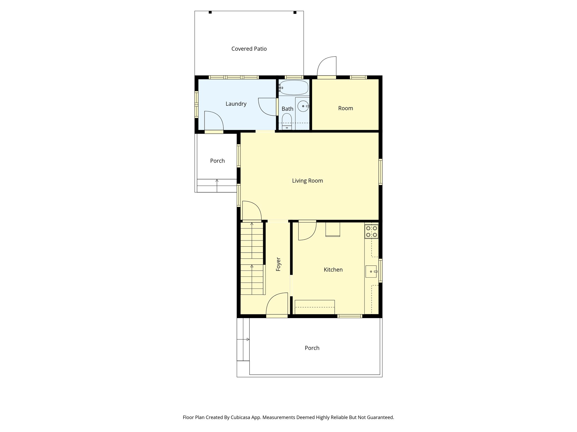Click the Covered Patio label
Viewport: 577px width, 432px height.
(x=249, y=49)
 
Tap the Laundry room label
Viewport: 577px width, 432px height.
(x=236, y=104)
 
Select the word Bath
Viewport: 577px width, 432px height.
(x=287, y=109)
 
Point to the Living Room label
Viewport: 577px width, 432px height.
(x=307, y=181)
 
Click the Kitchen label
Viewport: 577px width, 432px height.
(x=333, y=270)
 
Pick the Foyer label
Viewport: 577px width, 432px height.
(x=278, y=264)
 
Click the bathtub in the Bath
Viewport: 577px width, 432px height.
(x=294, y=87)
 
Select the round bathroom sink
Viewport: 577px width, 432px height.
(x=303, y=106)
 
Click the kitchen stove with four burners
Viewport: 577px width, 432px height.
(x=371, y=231)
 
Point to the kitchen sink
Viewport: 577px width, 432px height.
(x=371, y=271)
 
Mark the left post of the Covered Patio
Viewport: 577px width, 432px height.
(x=210, y=12)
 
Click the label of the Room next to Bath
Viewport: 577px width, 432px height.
(x=345, y=108)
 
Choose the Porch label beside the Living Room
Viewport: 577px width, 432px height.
(x=217, y=161)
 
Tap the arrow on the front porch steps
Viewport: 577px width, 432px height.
(x=248, y=339)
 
